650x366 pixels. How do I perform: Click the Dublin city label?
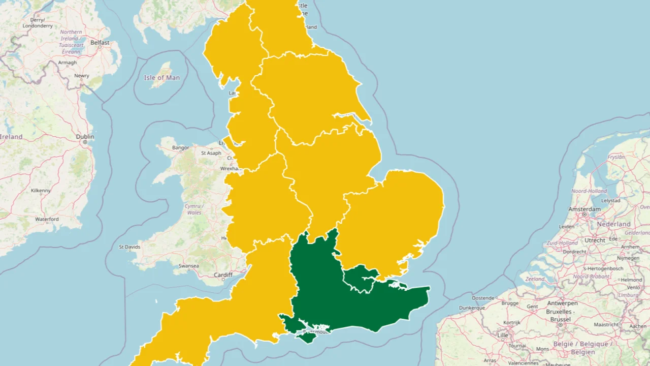(85, 137)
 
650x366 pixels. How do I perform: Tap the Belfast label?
(100, 43)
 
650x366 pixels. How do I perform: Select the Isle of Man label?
(161, 78)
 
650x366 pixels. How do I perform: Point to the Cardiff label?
(223, 275)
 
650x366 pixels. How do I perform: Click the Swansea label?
(188, 266)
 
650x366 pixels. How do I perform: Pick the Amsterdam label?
(584, 209)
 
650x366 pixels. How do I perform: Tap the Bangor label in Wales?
(181, 148)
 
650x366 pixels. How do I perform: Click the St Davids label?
(129, 247)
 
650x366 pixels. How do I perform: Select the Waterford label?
(47, 219)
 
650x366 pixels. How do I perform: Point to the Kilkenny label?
(41, 191)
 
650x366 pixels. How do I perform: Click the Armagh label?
(68, 63)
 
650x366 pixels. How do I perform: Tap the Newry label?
(82, 76)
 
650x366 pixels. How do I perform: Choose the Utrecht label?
(595, 240)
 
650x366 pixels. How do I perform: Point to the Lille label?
(503, 335)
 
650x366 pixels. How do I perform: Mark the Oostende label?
(482, 298)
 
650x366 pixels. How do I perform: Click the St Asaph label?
(211, 153)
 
